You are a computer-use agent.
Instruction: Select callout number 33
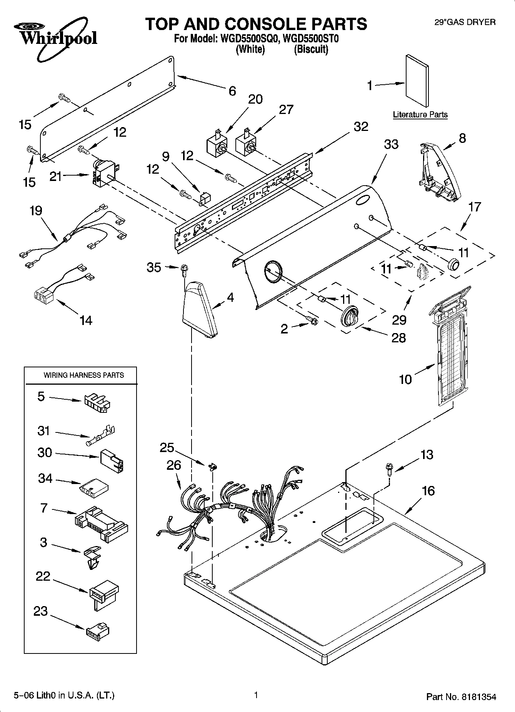(391, 144)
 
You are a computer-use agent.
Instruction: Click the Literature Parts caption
(420, 115)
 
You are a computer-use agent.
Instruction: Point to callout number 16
(428, 491)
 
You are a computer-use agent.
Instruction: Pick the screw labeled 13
(388, 469)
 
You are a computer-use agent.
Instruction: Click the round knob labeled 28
(349, 317)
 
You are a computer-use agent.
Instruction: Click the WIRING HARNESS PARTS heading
(84, 375)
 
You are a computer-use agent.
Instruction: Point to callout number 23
(40, 611)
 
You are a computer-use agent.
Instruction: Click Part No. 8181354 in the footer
(461, 697)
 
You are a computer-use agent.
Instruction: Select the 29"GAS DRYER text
(465, 22)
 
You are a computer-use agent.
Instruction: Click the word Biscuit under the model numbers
(311, 50)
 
